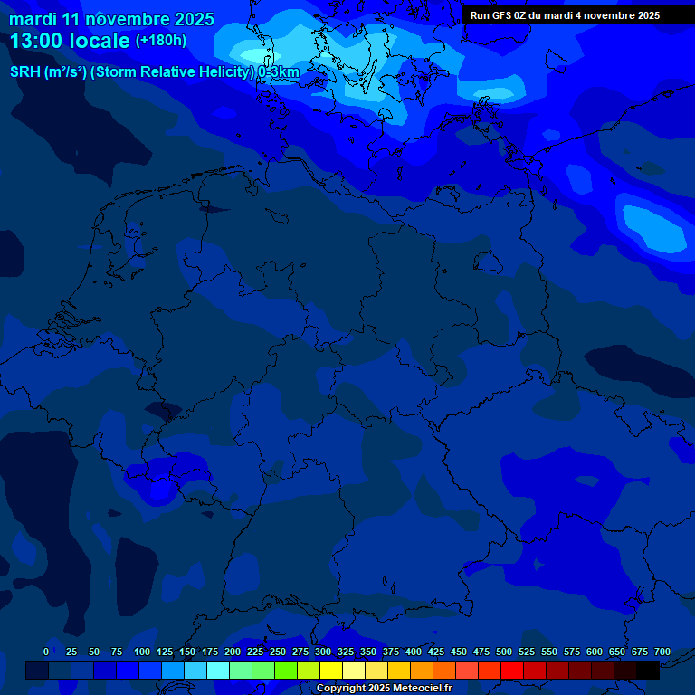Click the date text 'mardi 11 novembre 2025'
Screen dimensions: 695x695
pos(111,19)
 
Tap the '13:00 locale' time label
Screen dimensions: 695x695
pos(70,41)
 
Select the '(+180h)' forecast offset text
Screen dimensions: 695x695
pos(161,41)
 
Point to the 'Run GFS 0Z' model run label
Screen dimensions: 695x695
pos(500,15)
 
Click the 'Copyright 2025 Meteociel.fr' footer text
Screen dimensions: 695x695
pos(384,689)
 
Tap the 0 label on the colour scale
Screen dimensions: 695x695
pos(46,652)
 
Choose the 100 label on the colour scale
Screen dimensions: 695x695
pos(142,652)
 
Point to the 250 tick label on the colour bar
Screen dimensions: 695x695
pos(278,652)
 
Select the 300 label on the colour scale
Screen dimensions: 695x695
pos(323,652)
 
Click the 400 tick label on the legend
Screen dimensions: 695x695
pos(414,652)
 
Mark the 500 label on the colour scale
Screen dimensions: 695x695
pos(504,652)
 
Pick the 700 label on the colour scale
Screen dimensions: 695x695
pos(662,652)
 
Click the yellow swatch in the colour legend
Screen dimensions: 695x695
pos(331,671)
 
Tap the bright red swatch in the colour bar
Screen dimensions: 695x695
pos(512,671)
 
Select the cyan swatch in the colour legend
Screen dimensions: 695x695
pos(218,671)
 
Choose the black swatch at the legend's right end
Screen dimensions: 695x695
pos(648,671)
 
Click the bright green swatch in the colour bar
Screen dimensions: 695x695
pos(286,671)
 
